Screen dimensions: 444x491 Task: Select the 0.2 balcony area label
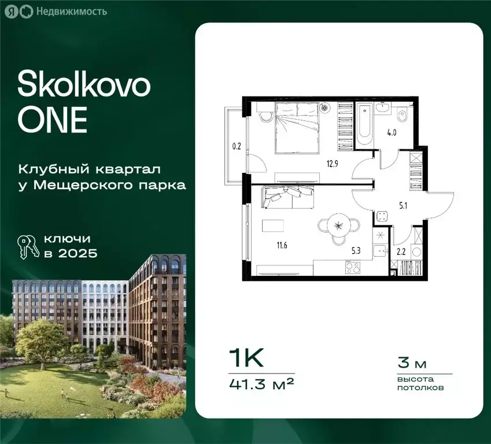click(236, 146)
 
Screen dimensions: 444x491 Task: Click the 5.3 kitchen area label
click(357, 250)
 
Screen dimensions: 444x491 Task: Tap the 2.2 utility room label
click(401, 251)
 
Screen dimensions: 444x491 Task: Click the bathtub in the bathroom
click(364, 124)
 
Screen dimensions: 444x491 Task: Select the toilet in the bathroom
click(404, 119)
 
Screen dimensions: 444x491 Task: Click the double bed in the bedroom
click(296, 128)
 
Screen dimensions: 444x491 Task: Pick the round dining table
click(339, 225)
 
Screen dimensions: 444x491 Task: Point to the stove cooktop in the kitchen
click(353, 268)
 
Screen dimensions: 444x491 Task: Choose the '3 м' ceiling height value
click(412, 364)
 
